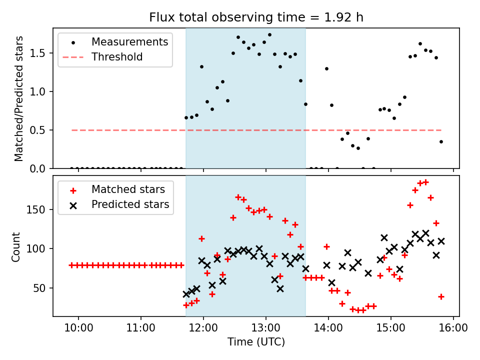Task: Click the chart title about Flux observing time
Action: tap(256, 17)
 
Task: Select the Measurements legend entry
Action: tap(129, 42)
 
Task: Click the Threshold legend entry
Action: tap(117, 57)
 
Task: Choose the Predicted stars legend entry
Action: tap(130, 204)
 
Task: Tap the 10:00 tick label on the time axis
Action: tap(78, 328)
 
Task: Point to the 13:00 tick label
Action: tap(266, 328)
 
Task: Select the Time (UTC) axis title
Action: tap(256, 342)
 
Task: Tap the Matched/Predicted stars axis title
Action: tap(18, 98)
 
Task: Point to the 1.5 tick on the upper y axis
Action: tap(42, 53)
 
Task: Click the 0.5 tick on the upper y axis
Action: tap(42, 130)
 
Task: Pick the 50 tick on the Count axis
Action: tap(42, 288)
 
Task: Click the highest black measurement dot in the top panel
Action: tap(269, 35)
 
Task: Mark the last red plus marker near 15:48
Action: tap(441, 296)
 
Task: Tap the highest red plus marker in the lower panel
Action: tap(425, 182)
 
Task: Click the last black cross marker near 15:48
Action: tap(441, 241)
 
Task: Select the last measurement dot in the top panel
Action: tap(441, 141)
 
